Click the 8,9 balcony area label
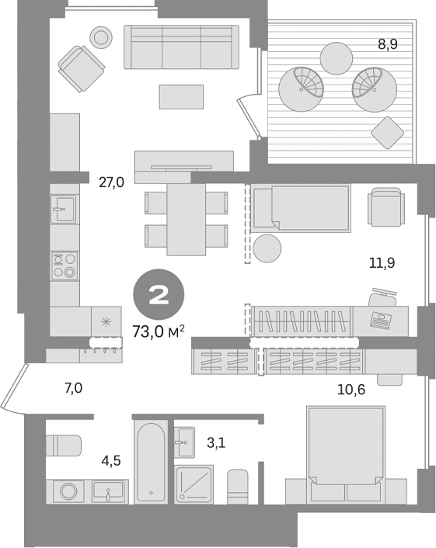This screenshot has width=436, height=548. (x=388, y=44)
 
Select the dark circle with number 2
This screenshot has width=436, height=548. (x=158, y=295)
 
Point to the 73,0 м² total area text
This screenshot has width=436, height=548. (x=158, y=331)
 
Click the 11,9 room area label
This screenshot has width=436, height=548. (x=382, y=262)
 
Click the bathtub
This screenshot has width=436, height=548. (x=149, y=462)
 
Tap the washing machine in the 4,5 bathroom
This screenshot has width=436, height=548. (x=68, y=491)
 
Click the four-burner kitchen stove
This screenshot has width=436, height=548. (x=65, y=265)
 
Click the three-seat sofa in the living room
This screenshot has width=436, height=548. (x=181, y=48)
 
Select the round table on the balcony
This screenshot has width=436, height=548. (x=338, y=57)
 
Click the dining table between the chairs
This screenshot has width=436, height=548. (x=187, y=220)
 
